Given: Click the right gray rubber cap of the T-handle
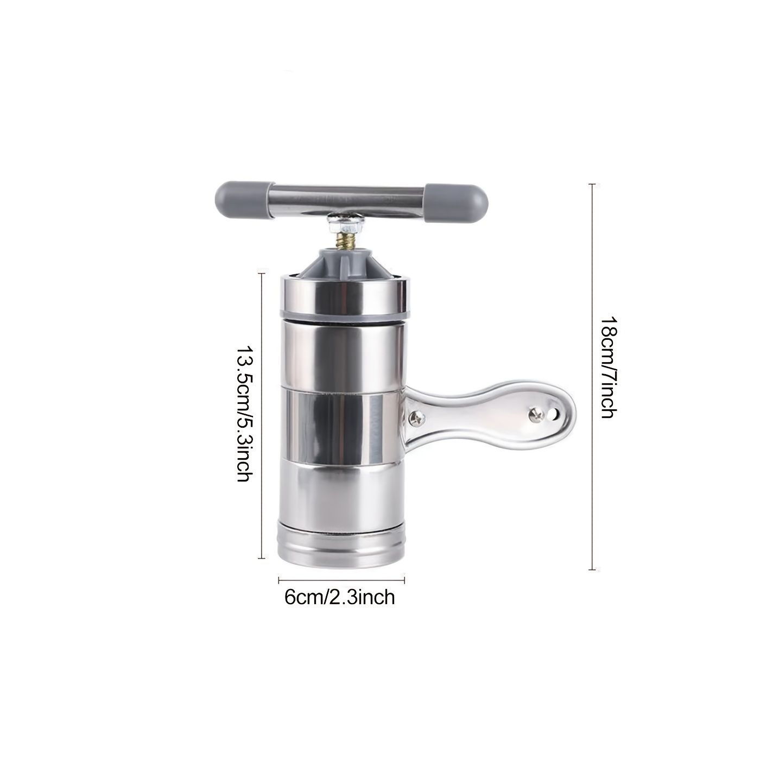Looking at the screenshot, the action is (x=457, y=202).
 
